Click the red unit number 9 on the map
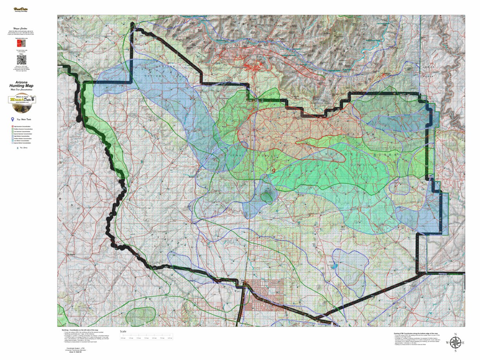tap(273, 171)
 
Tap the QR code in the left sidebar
tap(21, 60)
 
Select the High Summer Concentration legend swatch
tap(11, 126)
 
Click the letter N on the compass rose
tap(455, 335)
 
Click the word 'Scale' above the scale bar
tap(123, 331)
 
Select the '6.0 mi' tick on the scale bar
tap(170, 338)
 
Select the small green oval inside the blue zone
tap(267, 197)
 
